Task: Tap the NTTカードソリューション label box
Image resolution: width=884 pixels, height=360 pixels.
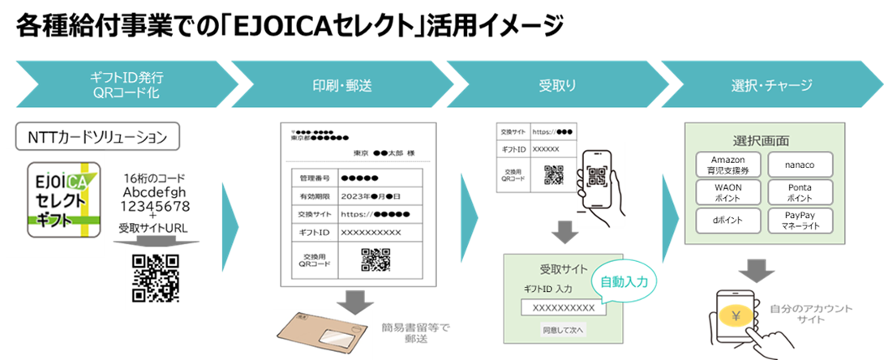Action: click(x=97, y=136)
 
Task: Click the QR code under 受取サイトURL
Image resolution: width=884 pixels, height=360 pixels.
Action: click(x=155, y=277)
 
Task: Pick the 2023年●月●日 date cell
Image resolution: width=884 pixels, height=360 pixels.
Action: click(x=378, y=195)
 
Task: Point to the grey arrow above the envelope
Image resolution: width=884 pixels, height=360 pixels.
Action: click(x=354, y=302)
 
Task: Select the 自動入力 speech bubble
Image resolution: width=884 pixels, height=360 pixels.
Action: click(x=624, y=281)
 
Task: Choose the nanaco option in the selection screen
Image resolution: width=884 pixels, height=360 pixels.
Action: click(x=800, y=165)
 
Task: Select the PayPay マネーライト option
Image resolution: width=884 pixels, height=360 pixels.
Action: click(x=800, y=220)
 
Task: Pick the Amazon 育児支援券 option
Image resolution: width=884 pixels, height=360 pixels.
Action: click(x=727, y=165)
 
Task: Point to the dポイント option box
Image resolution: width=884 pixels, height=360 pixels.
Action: click(x=727, y=220)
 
